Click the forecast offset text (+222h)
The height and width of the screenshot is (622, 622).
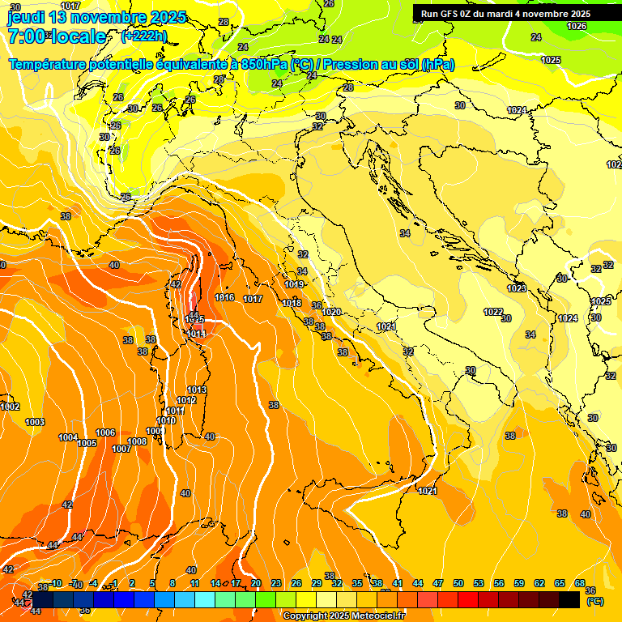pyautogui.click(x=143, y=36)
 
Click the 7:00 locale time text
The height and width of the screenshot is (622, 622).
pyautogui.click(x=57, y=36)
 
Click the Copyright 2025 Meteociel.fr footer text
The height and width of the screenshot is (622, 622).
pyautogui.click(x=343, y=616)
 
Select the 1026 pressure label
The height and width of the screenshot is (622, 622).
pyautogui.click(x=576, y=27)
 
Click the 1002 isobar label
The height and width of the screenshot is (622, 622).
pyautogui.click(x=10, y=407)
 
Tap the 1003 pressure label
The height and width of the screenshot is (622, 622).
pyautogui.click(x=35, y=422)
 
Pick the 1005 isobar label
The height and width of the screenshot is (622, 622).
pyautogui.click(x=87, y=443)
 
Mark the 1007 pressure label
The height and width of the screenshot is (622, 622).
pyautogui.click(x=121, y=449)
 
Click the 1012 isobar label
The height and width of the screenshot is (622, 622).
pyautogui.click(x=186, y=401)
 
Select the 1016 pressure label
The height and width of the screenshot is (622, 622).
pyautogui.click(x=224, y=298)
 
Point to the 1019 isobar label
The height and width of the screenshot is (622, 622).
pyautogui.click(x=294, y=285)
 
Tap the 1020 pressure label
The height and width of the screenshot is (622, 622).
pyautogui.click(x=331, y=312)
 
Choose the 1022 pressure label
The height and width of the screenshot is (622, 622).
pyautogui.click(x=492, y=312)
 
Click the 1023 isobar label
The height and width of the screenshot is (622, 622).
pyautogui.click(x=516, y=288)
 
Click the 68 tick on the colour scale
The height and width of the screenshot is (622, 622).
pyautogui.click(x=580, y=583)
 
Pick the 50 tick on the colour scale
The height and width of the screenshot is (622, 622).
pyautogui.click(x=458, y=583)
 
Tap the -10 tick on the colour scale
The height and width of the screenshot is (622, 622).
pyautogui.click(x=56, y=583)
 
